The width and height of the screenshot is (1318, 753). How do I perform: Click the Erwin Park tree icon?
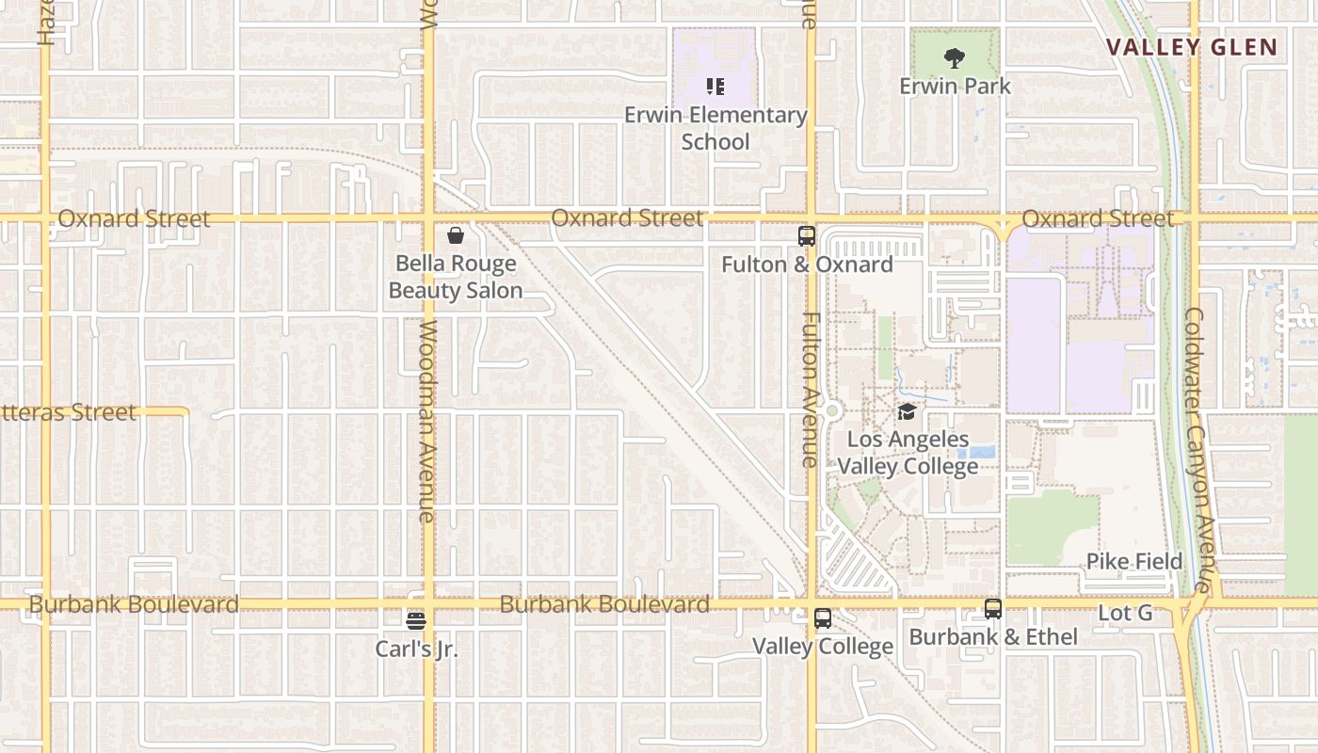click(955, 58)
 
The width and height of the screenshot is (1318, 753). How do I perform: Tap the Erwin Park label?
click(955, 86)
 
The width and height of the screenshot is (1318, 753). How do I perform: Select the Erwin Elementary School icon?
click(715, 88)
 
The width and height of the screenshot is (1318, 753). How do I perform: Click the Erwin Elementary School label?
click(715, 128)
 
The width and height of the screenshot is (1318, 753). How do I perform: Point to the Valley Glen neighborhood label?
click(1191, 47)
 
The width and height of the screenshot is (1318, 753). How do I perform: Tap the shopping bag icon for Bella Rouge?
click(456, 235)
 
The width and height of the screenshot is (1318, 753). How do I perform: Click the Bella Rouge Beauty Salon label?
click(456, 277)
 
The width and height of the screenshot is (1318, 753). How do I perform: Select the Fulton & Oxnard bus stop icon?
click(807, 236)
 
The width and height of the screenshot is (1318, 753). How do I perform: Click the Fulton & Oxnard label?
click(807, 264)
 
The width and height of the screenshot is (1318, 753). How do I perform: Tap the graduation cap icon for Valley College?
click(907, 411)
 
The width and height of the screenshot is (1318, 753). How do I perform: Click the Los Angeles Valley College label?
click(908, 453)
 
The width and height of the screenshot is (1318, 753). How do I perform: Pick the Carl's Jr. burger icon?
click(416, 621)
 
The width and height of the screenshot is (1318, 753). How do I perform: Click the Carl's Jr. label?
click(416, 649)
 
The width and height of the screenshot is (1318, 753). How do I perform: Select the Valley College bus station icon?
click(823, 618)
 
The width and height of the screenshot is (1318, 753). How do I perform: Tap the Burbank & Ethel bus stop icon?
click(993, 609)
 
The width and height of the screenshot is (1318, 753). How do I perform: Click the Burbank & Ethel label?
click(993, 637)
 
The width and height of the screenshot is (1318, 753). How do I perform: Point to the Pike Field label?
click(1134, 562)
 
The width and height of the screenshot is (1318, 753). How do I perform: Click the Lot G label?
click(1125, 613)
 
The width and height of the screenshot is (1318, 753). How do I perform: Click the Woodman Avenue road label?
click(428, 421)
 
